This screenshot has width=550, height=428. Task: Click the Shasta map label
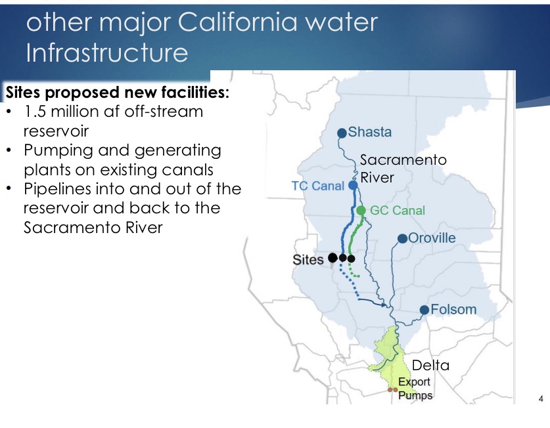370,132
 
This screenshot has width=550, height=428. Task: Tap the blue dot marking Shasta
342,133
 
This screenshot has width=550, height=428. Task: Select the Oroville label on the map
432,238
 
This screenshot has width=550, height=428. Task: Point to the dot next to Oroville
403,239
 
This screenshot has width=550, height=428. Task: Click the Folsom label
453,310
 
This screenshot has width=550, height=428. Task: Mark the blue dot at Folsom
424,310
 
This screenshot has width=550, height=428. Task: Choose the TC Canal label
318,186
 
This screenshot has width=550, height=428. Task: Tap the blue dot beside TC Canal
353,185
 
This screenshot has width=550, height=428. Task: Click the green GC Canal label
398,210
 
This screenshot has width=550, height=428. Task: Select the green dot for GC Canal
361,210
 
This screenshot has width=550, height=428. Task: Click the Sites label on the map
308,260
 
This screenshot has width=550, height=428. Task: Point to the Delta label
430,365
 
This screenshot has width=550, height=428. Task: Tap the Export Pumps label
415,389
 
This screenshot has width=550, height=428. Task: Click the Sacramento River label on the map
403,169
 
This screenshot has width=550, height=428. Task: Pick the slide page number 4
541,399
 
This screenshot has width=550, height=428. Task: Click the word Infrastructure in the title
107,53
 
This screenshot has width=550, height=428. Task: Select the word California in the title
237,22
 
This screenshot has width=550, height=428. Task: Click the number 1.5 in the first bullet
35,112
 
